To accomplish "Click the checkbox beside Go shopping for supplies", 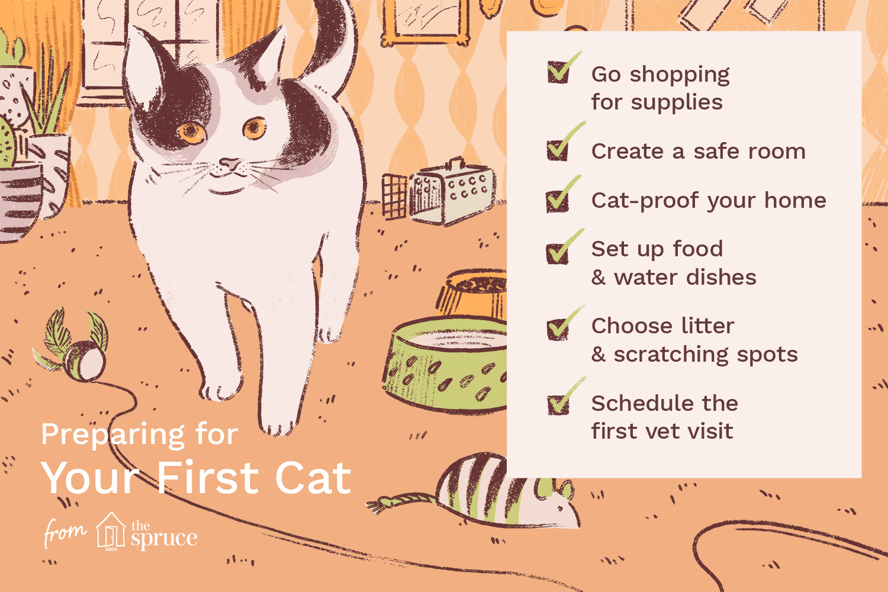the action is (558, 72).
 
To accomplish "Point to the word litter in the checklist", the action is (707, 326).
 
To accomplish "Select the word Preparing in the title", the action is (112, 435).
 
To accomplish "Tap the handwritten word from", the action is (65, 532).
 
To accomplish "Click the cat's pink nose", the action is (230, 163).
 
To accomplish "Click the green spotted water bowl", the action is (445, 363).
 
